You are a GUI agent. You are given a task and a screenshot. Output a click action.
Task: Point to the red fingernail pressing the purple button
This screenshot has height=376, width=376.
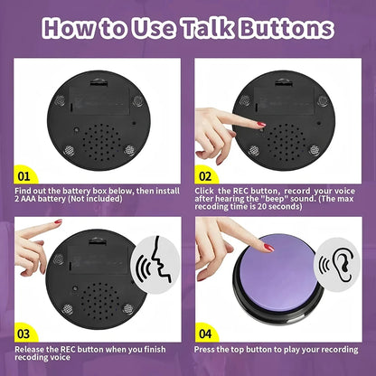pos(268,248)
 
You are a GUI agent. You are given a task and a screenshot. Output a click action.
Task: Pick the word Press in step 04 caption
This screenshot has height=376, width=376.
pos(206,347)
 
